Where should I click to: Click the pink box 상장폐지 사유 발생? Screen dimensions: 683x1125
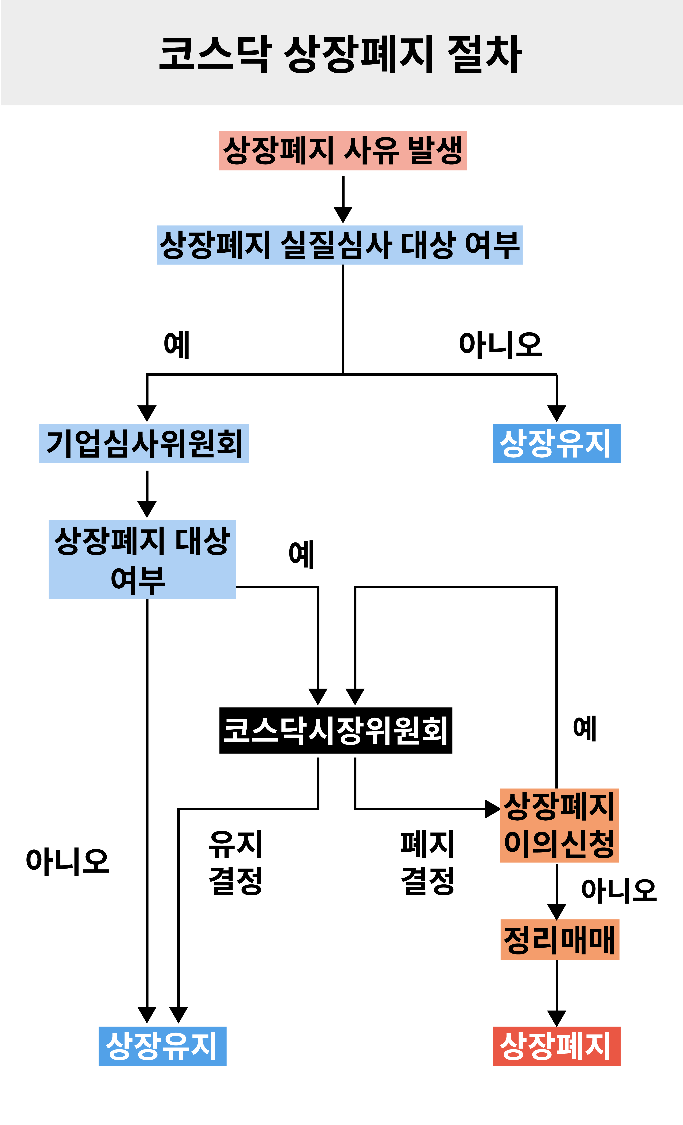coord(343,151)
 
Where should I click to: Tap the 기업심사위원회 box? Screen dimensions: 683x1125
coord(144,443)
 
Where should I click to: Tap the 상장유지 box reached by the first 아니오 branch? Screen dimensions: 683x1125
coord(556,443)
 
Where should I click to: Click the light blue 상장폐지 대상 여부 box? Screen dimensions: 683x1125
coord(142,559)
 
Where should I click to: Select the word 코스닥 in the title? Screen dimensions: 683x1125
coord(215,54)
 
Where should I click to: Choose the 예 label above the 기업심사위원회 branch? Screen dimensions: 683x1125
coord(177,345)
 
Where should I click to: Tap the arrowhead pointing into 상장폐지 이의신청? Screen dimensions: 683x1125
coord(492,809)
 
